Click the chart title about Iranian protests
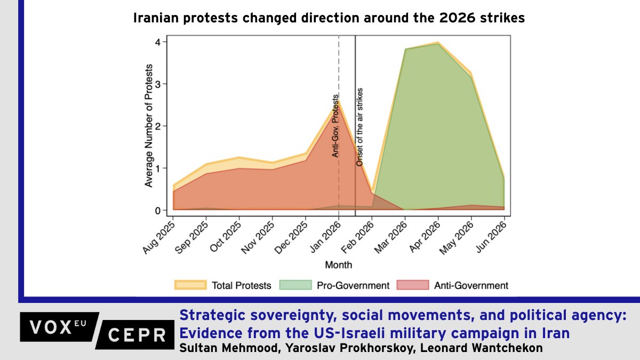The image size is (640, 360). [329, 18]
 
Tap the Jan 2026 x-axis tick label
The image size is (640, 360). [326, 237]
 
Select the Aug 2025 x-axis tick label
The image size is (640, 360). [159, 238]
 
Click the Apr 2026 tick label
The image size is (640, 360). [425, 237]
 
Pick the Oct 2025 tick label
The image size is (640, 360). [226, 237]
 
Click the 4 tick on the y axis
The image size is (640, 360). [158, 42]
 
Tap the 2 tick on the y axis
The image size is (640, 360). [158, 126]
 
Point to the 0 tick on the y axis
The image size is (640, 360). [158, 211]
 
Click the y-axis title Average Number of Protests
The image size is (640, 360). [149, 126]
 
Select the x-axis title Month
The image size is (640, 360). [339, 265]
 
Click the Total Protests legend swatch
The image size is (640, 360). [190, 285]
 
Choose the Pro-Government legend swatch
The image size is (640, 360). [295, 285]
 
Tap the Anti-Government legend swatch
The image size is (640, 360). [413, 285]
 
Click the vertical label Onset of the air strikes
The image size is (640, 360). [359, 127]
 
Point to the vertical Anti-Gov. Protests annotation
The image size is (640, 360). [335, 126]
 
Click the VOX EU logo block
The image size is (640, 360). [59, 327]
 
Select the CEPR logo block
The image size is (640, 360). [135, 335]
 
